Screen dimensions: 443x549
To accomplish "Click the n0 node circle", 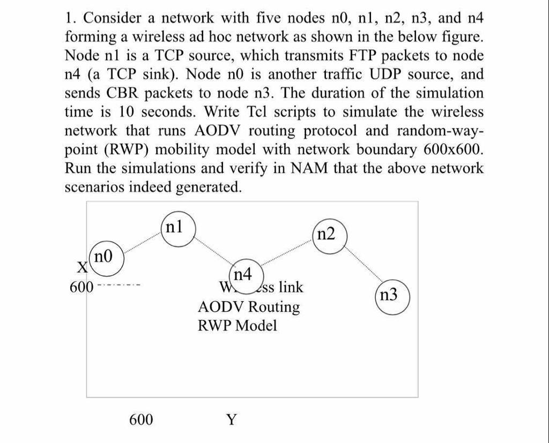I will (x=106, y=257).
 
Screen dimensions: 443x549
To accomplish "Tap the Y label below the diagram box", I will (x=231, y=419).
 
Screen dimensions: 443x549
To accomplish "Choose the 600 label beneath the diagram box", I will (x=141, y=419).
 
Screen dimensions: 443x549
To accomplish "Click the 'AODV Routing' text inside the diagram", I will (x=249, y=307).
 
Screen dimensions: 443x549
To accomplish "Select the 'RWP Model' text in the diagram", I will (x=238, y=326).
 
